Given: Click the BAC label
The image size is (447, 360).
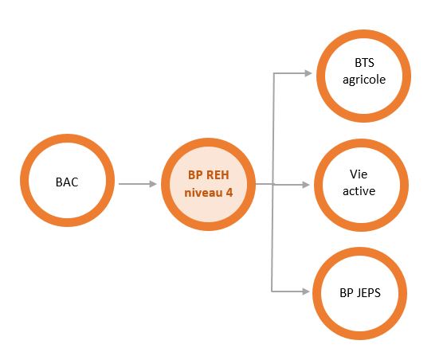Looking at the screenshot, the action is pyautogui.click(x=67, y=182).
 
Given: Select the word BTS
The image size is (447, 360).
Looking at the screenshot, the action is pyautogui.click(x=364, y=63).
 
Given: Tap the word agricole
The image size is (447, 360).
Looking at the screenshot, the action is pyautogui.click(x=364, y=80).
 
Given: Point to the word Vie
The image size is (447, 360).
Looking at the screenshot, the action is pyautogui.click(x=359, y=174).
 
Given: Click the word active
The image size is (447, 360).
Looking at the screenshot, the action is pyautogui.click(x=359, y=191).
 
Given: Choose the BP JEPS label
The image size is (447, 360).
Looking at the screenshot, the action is pyautogui.click(x=360, y=293).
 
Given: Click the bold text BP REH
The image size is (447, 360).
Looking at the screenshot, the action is pyautogui.click(x=209, y=175).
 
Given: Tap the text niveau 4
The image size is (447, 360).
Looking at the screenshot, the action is pyautogui.click(x=209, y=193).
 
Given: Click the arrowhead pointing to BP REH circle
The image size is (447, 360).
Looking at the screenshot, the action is pyautogui.click(x=153, y=184).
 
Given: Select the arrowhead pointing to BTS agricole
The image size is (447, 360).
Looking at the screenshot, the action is pyautogui.click(x=308, y=73).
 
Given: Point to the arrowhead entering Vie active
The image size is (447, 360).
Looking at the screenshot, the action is pyautogui.click(x=306, y=185).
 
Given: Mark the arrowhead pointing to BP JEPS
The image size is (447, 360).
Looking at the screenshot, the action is pyautogui.click(x=306, y=292).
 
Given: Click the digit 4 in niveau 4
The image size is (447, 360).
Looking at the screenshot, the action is pyautogui.click(x=229, y=193).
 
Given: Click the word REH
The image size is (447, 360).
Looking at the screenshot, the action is pyautogui.click(x=218, y=175).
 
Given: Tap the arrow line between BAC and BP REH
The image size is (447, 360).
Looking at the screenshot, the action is pyautogui.click(x=138, y=184).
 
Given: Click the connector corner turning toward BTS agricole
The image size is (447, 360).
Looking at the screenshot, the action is pyautogui.click(x=273, y=73).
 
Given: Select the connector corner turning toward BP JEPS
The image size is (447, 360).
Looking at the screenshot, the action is pyautogui.click(x=272, y=292).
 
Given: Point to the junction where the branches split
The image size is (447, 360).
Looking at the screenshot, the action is pyautogui.click(x=273, y=185).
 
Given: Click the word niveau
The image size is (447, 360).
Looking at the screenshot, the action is pyautogui.click(x=203, y=193).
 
